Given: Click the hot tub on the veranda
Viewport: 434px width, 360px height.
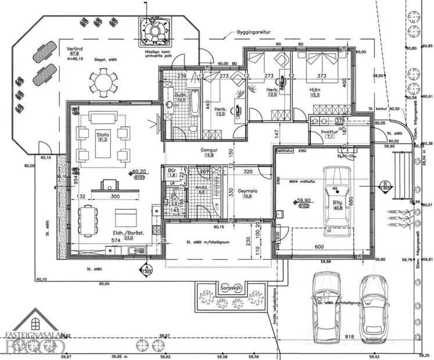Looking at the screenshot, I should [x=155, y=30].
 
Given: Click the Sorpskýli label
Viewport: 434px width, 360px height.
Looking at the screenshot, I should [x=231, y=287].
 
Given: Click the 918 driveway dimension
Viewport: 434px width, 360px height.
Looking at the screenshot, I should [x=349, y=336].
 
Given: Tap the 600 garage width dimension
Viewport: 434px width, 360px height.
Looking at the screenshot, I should [x=321, y=247].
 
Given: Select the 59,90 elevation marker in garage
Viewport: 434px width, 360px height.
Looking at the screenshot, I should [x=303, y=201].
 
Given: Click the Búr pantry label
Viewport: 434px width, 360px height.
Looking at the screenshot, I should [x=171, y=171].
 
